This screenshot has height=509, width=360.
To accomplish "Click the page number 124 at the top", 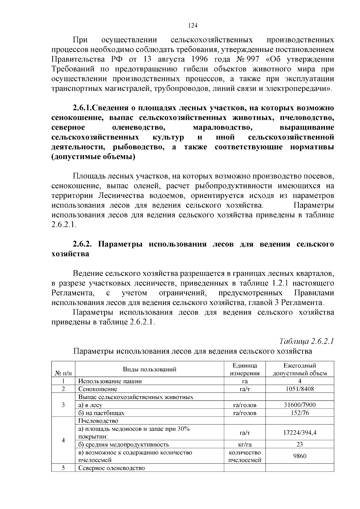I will (192, 25).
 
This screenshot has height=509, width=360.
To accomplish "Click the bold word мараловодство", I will (222, 127).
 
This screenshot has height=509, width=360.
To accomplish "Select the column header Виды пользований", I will (149, 369).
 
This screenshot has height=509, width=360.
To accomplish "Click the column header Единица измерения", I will (244, 370).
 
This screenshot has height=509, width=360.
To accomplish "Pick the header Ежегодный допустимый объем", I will (299, 370).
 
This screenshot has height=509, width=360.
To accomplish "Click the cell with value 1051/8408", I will (299, 389).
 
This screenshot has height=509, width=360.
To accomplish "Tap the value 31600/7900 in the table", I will (299, 405).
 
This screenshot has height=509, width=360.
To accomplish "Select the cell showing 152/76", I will (299, 413).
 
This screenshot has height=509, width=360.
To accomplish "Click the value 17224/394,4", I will (299, 433).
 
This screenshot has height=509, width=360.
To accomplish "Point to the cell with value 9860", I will (299, 456).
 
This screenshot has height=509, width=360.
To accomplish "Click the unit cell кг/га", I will (244, 445).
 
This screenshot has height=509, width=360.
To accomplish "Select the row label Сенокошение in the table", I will (97, 389).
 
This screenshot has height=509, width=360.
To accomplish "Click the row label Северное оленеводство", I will (112, 468).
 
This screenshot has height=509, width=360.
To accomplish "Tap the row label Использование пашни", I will (110, 381).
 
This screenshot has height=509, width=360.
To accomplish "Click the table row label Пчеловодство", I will (98, 421).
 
